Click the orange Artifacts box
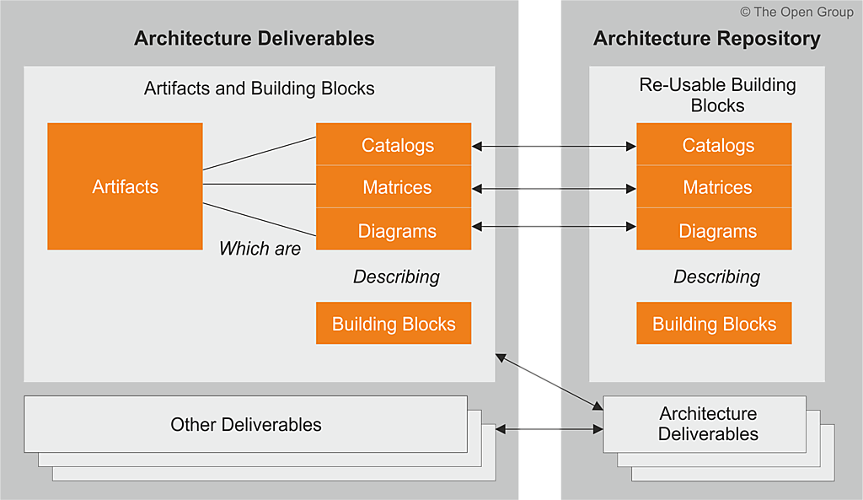click(125, 186)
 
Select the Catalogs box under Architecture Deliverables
click(394, 145)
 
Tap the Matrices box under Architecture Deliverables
click(394, 187)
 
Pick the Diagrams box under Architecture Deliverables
click(394, 230)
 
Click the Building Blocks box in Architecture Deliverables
click(394, 324)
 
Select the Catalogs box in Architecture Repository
click(714, 145)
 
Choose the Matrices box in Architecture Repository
click(714, 187)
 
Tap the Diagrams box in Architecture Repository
click(714, 230)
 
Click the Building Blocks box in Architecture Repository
click(714, 324)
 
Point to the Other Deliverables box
click(246, 424)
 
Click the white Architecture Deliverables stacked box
click(708, 424)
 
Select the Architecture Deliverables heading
click(255, 39)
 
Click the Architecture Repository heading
click(706, 39)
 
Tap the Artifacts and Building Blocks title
click(259, 89)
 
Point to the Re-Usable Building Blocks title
click(717, 95)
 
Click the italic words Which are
click(260, 249)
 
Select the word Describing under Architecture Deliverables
click(396, 277)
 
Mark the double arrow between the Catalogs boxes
click(554, 147)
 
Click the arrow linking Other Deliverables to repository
click(549, 430)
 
